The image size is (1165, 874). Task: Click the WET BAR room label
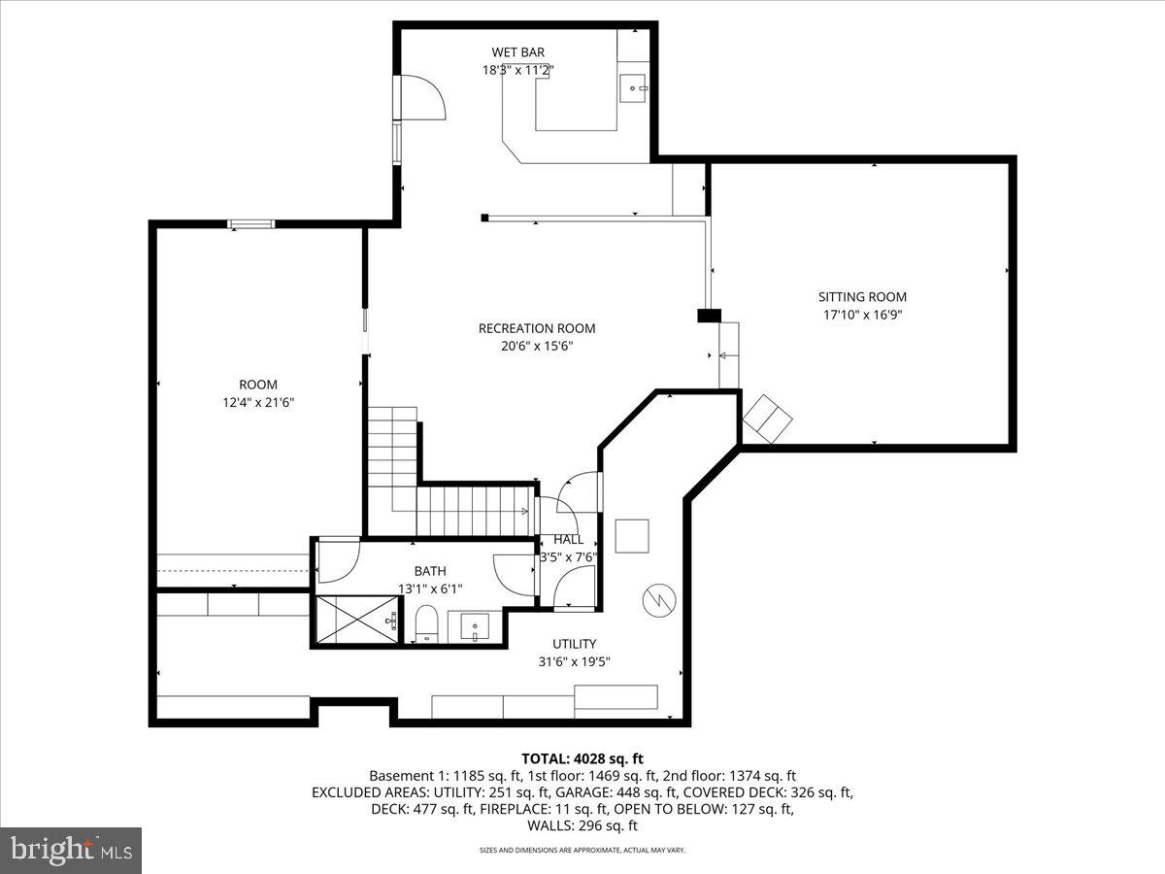click(x=517, y=51)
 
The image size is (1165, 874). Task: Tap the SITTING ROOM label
click(x=862, y=297)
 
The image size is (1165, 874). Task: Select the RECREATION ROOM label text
click(x=537, y=328)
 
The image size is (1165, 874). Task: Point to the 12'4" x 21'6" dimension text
click(x=258, y=402)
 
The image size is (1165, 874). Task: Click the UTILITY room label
click(x=575, y=644)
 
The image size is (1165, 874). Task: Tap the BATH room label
click(x=430, y=572)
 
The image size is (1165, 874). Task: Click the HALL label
click(x=568, y=540)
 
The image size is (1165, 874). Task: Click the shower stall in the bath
click(x=354, y=620)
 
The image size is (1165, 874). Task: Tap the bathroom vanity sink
click(x=475, y=626)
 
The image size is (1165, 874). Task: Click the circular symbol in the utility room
click(x=655, y=599)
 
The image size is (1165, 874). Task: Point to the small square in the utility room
click(x=632, y=536)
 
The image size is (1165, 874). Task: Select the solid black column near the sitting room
click(x=710, y=315)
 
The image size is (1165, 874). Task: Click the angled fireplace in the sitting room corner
click(x=768, y=419)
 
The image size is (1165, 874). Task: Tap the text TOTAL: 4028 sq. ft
click(x=582, y=758)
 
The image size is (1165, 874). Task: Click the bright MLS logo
click(x=71, y=850)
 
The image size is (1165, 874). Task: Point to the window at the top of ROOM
click(x=251, y=224)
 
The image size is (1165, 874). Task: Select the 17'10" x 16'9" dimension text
click(x=862, y=315)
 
